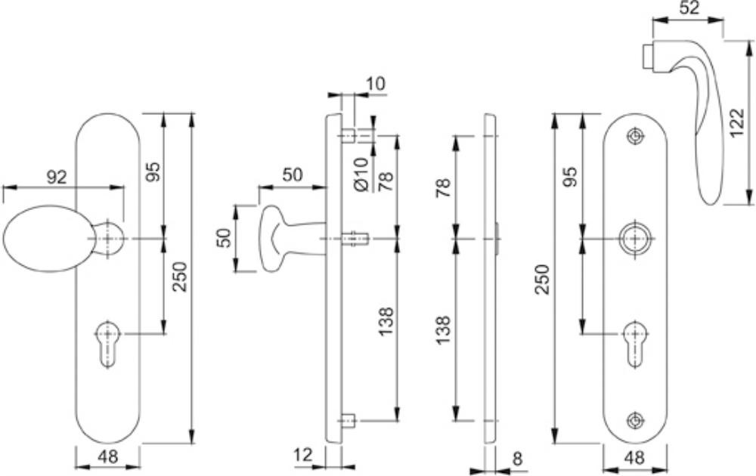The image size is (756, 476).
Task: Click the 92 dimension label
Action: tap(57, 178)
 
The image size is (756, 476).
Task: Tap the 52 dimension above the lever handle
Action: tap(689, 8)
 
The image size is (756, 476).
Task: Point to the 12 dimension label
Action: tap(302, 455)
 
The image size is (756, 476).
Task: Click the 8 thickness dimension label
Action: tap(518, 458)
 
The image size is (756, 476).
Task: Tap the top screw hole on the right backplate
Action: tap(635, 136)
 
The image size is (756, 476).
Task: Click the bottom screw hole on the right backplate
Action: tap(635, 420)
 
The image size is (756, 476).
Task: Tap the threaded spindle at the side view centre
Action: tap(354, 240)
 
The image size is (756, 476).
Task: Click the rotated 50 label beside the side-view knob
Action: tap(224, 240)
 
